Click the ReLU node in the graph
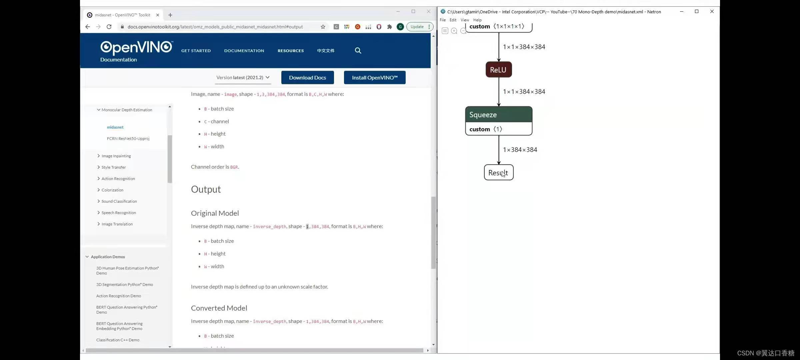point(499,70)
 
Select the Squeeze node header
point(499,115)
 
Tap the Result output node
point(499,172)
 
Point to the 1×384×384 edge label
point(520,150)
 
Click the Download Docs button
point(307,78)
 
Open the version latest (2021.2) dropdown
point(243,78)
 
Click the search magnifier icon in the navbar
point(358,50)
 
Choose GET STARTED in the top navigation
point(196,51)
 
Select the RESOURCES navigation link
point(291,51)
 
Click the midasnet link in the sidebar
point(115,127)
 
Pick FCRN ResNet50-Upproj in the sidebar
point(128,138)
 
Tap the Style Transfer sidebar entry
point(114,167)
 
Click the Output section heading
point(206,189)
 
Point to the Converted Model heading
point(219,308)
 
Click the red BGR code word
point(234,167)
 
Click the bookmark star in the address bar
point(323,27)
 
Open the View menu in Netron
point(465,20)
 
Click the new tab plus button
point(170,15)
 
